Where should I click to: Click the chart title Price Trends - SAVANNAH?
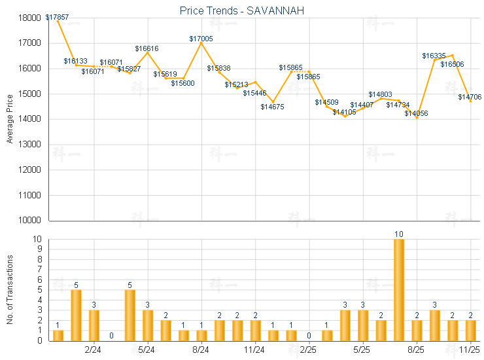(x=241, y=11)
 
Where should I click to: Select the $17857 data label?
(x=58, y=16)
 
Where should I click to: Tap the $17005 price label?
(x=201, y=39)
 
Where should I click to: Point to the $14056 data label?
(x=415, y=113)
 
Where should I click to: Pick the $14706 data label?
(x=470, y=97)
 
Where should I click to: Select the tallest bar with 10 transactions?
(x=398, y=289)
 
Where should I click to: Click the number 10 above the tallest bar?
(x=398, y=234)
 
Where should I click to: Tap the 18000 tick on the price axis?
(x=31, y=18)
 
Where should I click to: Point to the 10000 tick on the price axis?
(x=31, y=221)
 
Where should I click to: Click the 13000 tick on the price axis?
(x=31, y=145)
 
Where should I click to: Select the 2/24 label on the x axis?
(x=94, y=350)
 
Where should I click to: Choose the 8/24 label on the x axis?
(x=201, y=350)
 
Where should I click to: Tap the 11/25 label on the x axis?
(x=470, y=350)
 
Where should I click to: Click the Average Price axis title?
(x=10, y=118)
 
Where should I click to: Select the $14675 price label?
(x=273, y=107)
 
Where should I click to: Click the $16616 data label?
(x=147, y=48)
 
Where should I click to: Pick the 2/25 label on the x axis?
(x=309, y=350)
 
